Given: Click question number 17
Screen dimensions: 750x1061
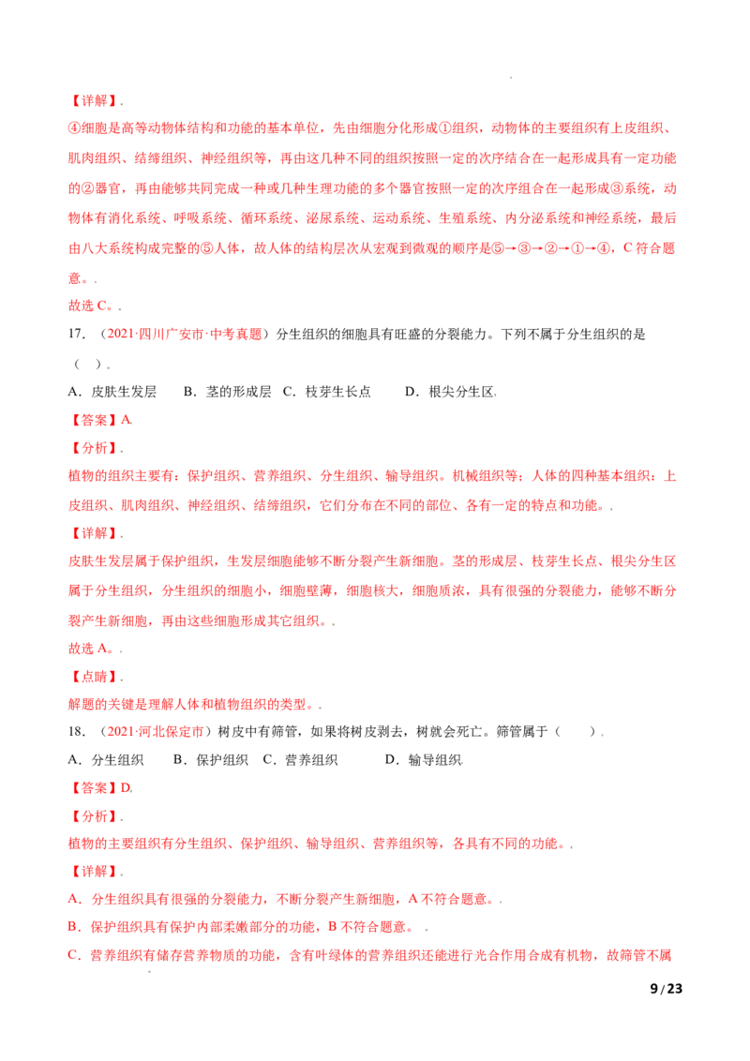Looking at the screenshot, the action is (x=77, y=335).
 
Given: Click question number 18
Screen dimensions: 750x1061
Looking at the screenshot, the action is (x=77, y=731).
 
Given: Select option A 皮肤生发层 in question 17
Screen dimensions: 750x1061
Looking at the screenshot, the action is (x=112, y=392).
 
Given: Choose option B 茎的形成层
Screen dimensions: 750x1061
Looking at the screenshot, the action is (x=228, y=392).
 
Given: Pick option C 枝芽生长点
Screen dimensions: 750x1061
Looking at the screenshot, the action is (x=327, y=392).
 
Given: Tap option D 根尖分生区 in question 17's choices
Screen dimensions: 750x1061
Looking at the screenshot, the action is (x=449, y=392).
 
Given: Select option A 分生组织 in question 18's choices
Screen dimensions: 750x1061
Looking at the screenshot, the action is (x=106, y=760).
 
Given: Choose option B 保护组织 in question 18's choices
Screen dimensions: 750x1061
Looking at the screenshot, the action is (x=211, y=760).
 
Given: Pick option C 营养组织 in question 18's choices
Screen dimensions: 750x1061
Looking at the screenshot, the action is (x=301, y=760).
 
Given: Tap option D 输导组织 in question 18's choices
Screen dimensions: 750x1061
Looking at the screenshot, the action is (x=423, y=760).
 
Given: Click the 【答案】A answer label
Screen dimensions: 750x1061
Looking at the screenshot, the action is (x=100, y=420).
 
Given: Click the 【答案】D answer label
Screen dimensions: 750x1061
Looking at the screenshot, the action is (x=100, y=788).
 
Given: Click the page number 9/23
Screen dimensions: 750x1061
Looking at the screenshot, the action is (x=666, y=989).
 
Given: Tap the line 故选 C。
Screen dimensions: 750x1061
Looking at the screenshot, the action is (x=91, y=306).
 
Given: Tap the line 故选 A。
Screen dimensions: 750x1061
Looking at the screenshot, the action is (x=91, y=649).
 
